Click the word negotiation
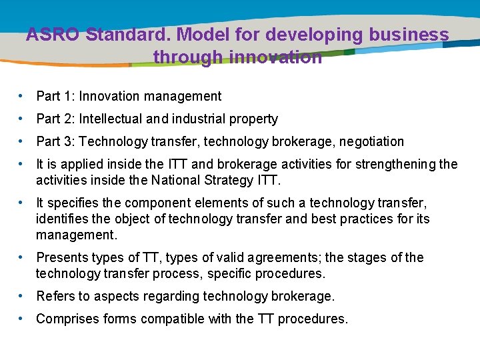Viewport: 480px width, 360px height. click(371, 142)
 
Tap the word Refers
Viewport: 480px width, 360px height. click(55, 297)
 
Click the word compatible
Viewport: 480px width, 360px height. click(172, 319)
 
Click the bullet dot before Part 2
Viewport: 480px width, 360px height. click(23, 119)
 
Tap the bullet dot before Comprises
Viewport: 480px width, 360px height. click(23, 319)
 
